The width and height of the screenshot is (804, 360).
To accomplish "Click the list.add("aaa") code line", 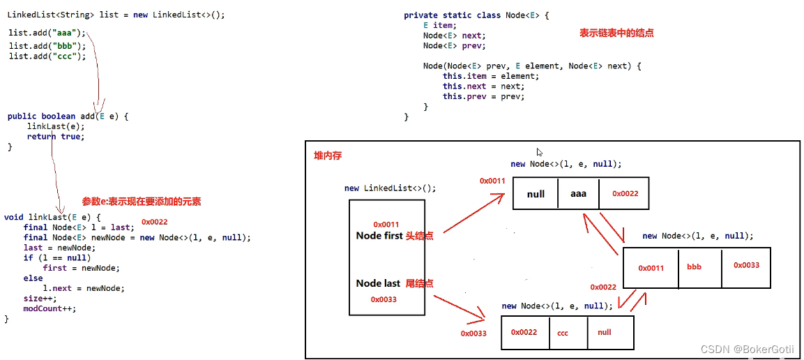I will click(47, 33).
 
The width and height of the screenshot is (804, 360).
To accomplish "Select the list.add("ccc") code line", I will click(47, 56).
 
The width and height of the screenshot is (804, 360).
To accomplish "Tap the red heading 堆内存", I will click(328, 155).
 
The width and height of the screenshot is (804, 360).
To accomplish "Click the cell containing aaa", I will click(578, 194).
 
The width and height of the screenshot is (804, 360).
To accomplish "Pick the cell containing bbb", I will click(695, 267).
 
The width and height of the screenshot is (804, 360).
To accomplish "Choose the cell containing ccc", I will click(563, 333).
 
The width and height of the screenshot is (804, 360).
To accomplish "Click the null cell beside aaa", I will click(536, 194).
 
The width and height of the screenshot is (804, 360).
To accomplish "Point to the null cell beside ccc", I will click(605, 332).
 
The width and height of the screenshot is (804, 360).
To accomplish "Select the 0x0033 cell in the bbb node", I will click(746, 265).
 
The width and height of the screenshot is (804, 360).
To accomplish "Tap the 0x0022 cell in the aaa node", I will click(625, 194).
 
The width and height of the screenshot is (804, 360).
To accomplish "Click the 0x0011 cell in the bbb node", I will click(651, 268).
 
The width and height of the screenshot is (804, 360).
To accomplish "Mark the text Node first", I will click(379, 236).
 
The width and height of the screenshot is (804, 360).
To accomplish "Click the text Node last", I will click(378, 283).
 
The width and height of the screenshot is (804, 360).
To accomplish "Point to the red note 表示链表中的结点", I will click(616, 33).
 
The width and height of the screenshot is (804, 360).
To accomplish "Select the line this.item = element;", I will click(490, 76).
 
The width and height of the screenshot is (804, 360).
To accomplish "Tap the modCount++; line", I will click(50, 308).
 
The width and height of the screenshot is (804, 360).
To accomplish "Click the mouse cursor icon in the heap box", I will click(540, 152).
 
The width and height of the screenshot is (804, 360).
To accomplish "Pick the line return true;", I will click(55, 137).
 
